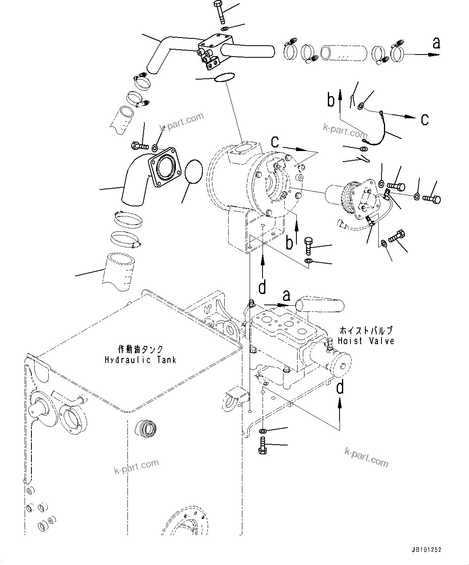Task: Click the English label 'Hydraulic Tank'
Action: pos(140,360)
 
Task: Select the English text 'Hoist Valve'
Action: pos(366,341)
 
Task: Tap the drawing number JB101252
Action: pos(427,550)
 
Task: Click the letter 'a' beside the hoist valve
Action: pos(287,296)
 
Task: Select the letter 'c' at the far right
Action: pos(425,119)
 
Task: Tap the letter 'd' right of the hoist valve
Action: pos(340,387)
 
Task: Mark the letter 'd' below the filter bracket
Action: pos(263,287)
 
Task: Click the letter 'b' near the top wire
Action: pos(331,100)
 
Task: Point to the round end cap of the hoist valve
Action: pos(341,365)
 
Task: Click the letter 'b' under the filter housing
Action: pos(290,243)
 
